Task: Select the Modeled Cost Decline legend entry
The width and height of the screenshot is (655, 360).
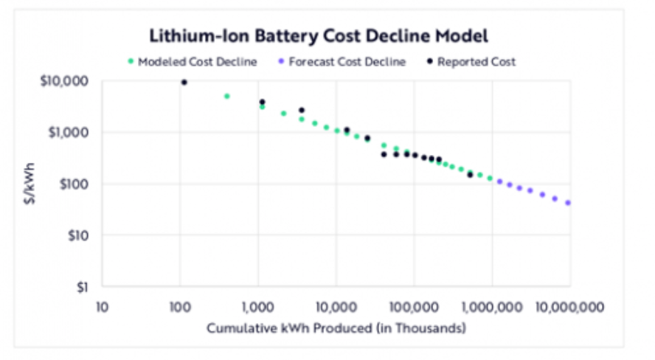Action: point(197,62)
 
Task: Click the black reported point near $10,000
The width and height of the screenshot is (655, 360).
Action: point(184,83)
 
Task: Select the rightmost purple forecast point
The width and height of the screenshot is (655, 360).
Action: point(568,203)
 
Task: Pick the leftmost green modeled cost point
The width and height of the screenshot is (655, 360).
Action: point(227,96)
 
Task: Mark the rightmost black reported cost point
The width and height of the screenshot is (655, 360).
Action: point(470,175)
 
